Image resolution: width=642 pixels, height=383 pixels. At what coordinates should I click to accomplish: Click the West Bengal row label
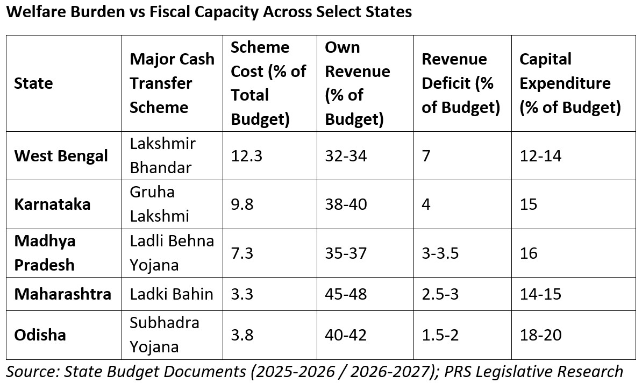pyautogui.click(x=61, y=156)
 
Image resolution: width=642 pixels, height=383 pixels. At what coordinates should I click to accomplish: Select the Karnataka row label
pyautogui.click(x=52, y=204)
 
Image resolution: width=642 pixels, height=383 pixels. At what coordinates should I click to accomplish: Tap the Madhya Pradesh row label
pyautogui.click(x=45, y=253)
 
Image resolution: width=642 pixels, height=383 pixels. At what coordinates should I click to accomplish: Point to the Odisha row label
pyautogui.click(x=40, y=335)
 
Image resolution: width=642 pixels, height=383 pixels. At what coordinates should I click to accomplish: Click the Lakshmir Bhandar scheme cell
pyautogui.click(x=162, y=155)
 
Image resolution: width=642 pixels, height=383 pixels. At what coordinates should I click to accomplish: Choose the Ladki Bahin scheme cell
pyautogui.click(x=172, y=294)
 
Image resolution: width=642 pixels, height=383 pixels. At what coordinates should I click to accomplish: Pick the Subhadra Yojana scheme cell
pyautogui.click(x=164, y=335)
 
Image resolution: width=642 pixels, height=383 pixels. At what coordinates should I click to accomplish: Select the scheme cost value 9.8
pyautogui.click(x=241, y=204)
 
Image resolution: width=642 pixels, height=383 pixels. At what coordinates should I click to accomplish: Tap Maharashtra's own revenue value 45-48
pyautogui.click(x=346, y=294)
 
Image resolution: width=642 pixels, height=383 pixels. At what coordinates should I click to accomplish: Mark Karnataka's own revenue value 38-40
pyautogui.click(x=346, y=204)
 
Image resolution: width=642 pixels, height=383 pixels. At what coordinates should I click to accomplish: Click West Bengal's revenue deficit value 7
pyautogui.click(x=426, y=156)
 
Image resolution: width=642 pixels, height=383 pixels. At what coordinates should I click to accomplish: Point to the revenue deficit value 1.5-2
pyautogui.click(x=440, y=335)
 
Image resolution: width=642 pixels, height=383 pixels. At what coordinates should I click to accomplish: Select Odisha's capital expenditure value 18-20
pyautogui.click(x=540, y=335)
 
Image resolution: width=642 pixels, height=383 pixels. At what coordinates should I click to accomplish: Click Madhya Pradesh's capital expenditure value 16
pyautogui.click(x=529, y=253)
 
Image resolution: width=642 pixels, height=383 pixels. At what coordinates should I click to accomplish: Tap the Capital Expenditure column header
pyautogui.click(x=570, y=83)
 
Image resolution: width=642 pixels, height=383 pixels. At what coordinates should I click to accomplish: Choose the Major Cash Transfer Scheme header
pyautogui.click(x=172, y=83)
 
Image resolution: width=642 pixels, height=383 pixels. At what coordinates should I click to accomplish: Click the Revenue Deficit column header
pyautogui.click(x=461, y=83)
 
